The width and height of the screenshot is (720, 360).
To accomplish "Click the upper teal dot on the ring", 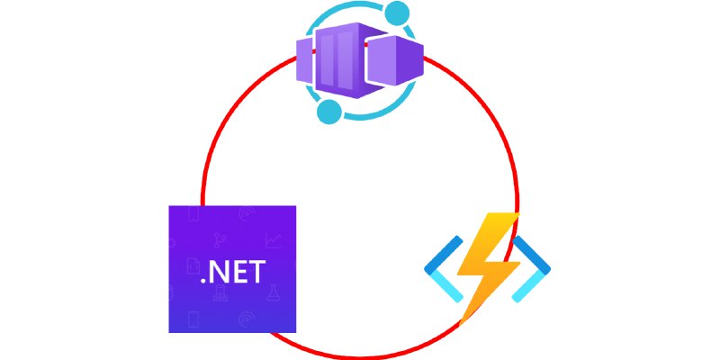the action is (397, 13).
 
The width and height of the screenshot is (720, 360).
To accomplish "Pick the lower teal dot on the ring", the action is (329, 112).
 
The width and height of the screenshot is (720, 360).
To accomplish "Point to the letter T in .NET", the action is (256, 272).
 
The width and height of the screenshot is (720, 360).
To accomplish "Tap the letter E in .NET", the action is (239, 272).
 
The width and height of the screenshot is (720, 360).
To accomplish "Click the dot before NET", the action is (204, 280).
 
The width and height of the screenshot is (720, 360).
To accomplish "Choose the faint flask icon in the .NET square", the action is (274, 292).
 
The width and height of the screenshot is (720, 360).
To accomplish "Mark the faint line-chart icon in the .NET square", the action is (274, 240).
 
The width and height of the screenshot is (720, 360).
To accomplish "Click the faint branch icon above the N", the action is (220, 240).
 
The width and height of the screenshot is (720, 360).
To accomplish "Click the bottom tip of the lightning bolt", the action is (461, 324).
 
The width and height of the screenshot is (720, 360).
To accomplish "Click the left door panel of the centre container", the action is (326, 59).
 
